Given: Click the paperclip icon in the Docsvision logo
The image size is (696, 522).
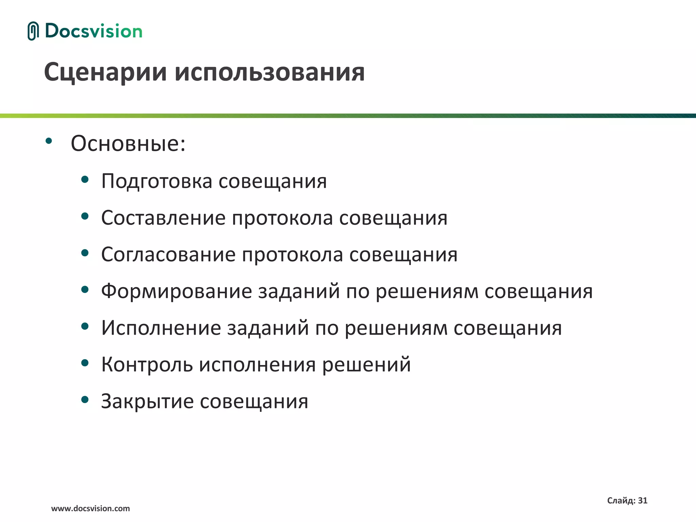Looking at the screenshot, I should pos(33,31).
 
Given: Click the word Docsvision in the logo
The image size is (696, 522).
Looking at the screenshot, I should pos(94,31).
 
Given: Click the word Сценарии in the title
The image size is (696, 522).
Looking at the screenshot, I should pos(105,72).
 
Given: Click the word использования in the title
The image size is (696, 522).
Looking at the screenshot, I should pos(270,72).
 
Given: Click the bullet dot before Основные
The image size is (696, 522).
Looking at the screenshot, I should pos(49,141).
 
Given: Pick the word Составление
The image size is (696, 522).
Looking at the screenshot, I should pos(163,218).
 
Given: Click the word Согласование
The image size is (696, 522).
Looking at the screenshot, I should pos(168,255).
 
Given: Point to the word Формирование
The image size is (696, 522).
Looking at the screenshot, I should pos(176,291).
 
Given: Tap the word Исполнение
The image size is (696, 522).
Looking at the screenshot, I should pos(161,328).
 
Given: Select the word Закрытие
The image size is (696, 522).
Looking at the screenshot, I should pos(147,401).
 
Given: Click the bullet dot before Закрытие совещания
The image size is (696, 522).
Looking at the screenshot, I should pos(85,400).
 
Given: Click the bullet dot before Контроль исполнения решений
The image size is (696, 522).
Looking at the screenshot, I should pos(85,363).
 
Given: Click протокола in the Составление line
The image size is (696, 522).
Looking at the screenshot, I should pos(282,218).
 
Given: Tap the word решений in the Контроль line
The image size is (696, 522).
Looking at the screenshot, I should pos(366,365).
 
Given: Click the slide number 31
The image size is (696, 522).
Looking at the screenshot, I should pos(643,500).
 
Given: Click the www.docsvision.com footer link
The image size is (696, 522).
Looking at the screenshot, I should pos(90,508).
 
